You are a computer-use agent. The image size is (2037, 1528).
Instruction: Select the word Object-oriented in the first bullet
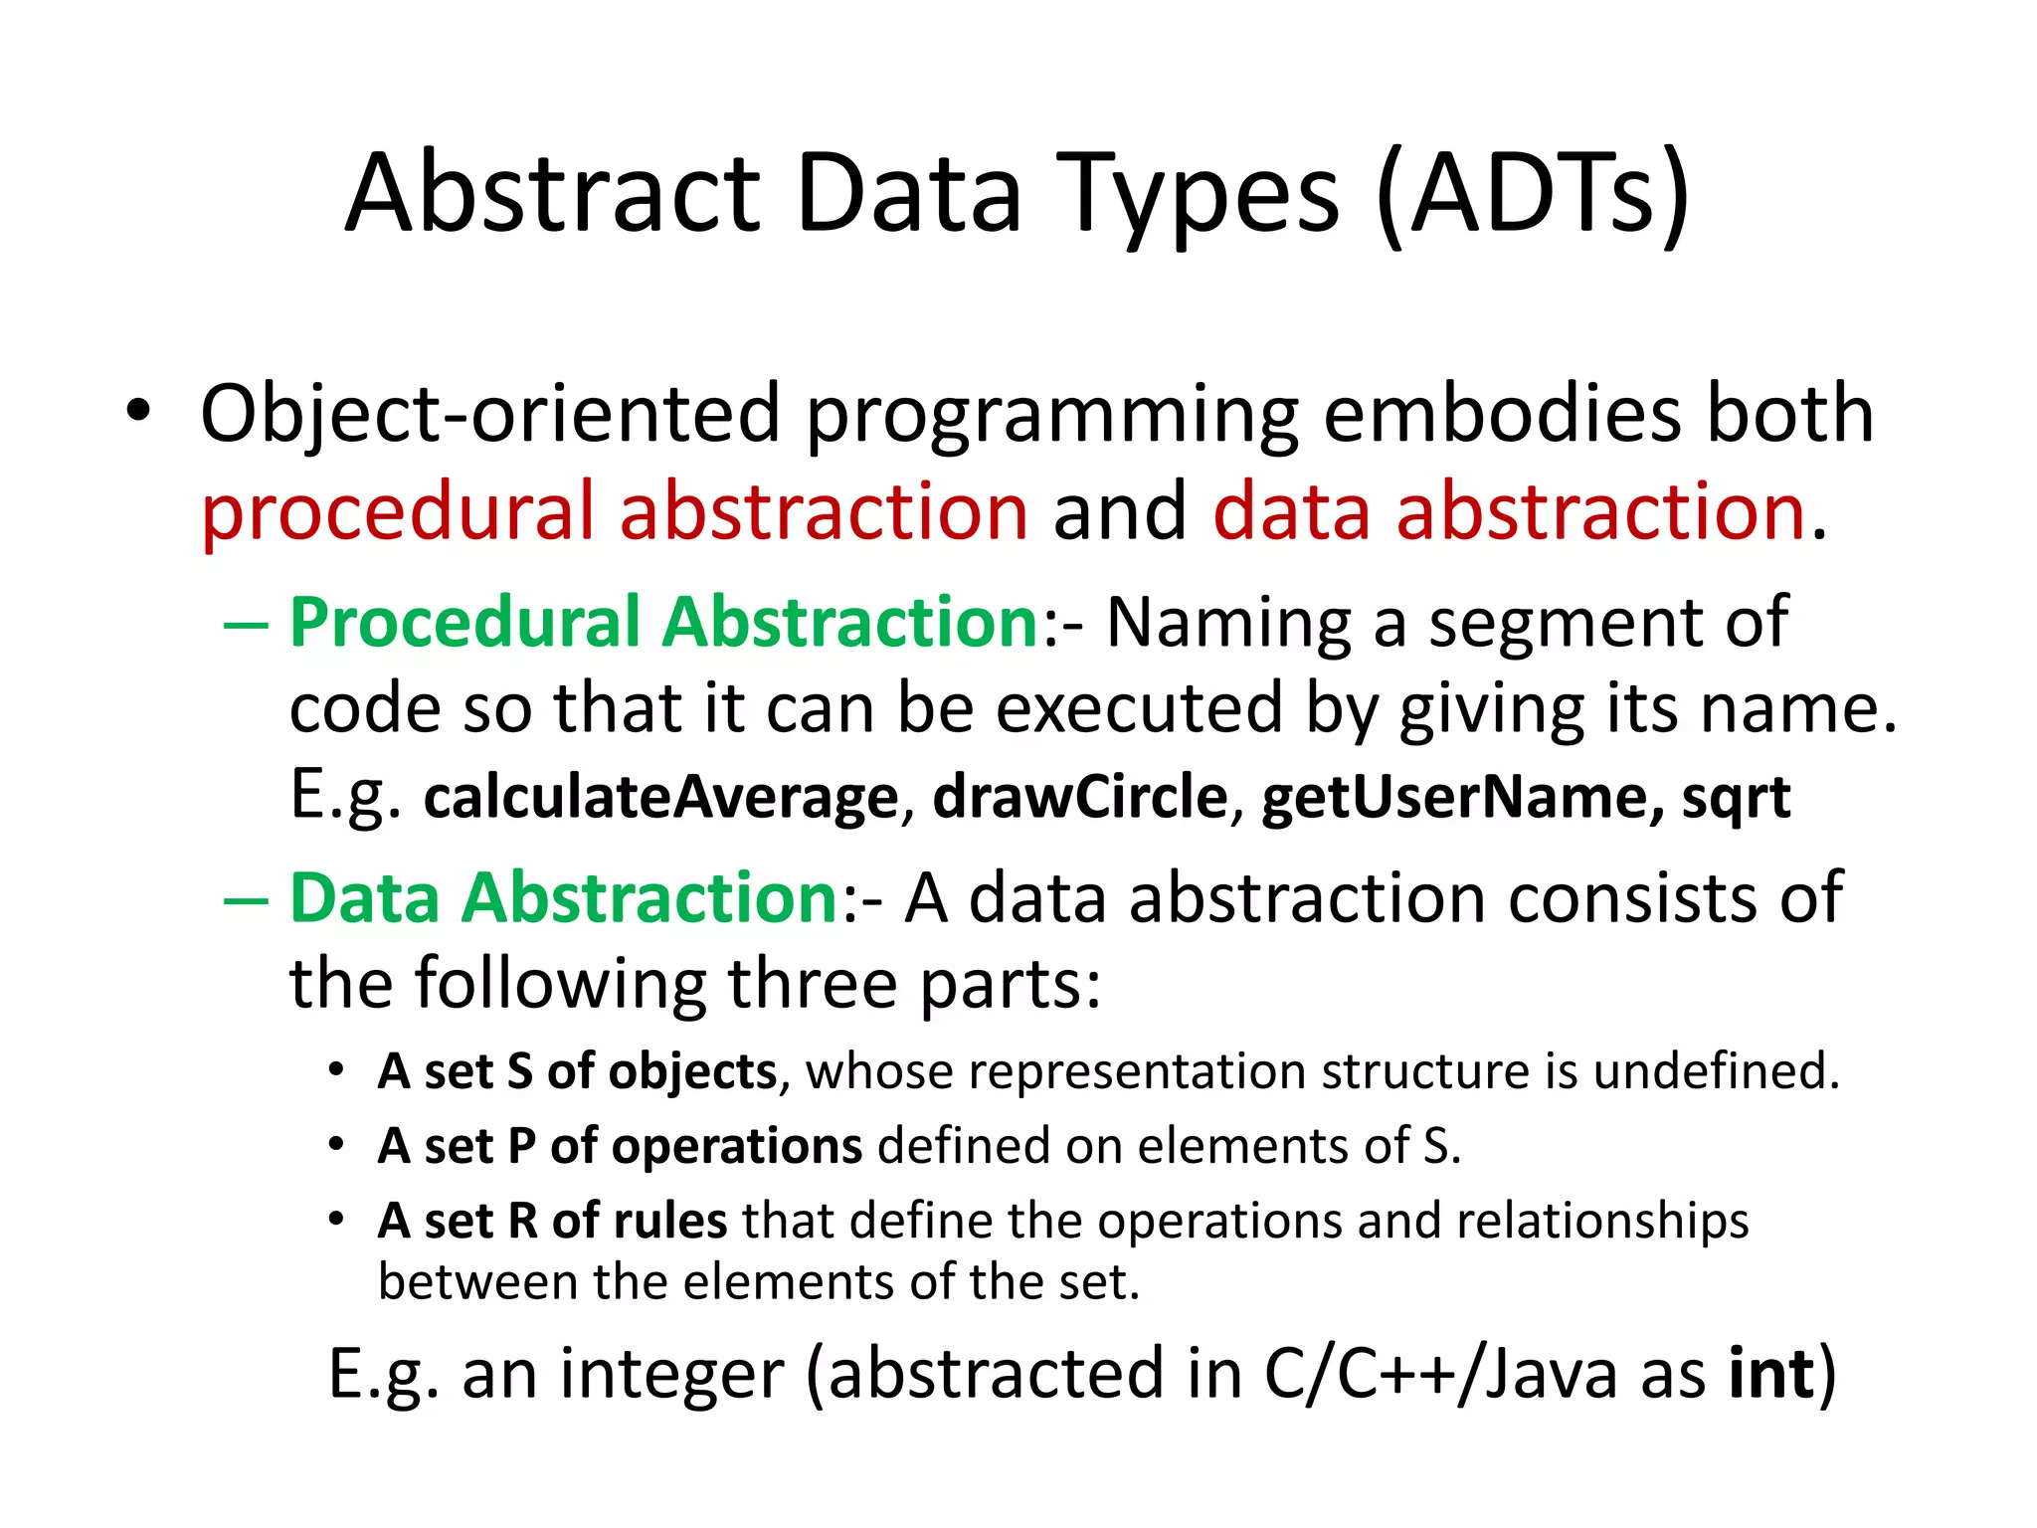489,414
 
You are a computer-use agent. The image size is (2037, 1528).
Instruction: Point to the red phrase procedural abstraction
614,511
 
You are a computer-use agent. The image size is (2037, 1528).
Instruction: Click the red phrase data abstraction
1508,511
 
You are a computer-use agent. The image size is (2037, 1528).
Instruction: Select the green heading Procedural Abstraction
664,623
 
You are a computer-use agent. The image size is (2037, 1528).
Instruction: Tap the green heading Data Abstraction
564,898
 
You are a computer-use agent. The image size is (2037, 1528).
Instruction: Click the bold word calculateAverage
660,798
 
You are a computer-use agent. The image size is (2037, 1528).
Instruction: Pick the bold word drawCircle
1080,798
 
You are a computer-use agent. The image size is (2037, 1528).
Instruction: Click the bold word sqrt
1736,798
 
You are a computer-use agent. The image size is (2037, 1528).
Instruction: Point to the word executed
1140,709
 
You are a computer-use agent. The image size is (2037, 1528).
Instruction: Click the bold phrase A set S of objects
577,1071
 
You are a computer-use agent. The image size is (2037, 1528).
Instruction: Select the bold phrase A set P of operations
619,1146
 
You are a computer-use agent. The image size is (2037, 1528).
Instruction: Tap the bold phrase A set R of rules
552,1221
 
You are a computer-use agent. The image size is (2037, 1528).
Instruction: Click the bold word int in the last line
1771,1374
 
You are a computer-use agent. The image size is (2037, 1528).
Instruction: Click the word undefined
1716,1071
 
